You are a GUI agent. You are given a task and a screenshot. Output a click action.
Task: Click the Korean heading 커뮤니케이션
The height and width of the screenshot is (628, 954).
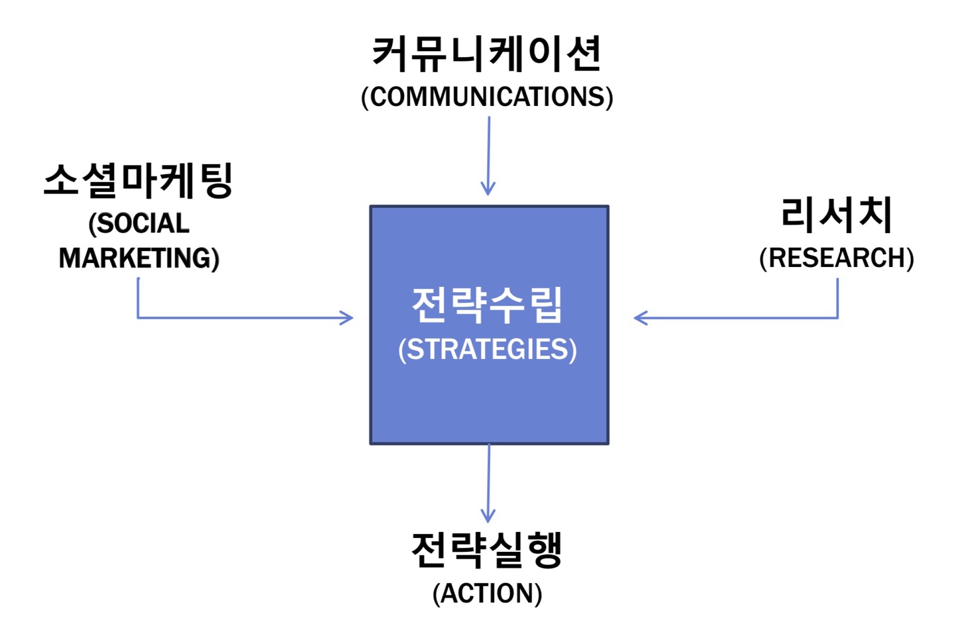[487, 54]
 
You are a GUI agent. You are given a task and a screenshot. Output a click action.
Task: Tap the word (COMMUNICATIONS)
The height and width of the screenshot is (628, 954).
[487, 97]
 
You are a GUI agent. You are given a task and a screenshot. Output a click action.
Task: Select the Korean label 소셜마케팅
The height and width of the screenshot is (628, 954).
[138, 181]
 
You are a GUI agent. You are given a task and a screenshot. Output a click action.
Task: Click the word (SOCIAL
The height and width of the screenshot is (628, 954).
[139, 223]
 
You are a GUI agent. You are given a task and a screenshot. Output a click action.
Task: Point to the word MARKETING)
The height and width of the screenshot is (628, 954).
[139, 258]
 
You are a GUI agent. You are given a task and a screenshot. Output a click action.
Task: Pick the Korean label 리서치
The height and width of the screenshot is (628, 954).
[837, 215]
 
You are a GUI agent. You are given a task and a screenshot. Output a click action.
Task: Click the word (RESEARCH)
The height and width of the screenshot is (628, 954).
[837, 258]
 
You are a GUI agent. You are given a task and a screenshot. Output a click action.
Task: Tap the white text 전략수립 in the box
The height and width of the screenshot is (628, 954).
[487, 305]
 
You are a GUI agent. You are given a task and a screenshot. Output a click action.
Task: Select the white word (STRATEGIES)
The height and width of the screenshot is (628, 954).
[488, 350]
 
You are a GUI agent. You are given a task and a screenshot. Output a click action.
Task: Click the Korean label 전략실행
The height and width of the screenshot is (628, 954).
[487, 550]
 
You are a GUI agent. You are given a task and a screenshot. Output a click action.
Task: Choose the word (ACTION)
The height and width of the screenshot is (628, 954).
[487, 594]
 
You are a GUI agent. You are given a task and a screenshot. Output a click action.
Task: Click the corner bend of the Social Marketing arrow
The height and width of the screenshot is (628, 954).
[138, 317]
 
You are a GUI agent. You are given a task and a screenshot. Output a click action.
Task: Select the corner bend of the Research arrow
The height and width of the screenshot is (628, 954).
[837, 317]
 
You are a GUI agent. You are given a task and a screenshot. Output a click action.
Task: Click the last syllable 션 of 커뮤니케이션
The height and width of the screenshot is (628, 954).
[584, 54]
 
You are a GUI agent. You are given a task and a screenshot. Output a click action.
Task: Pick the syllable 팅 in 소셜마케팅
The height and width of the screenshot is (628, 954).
[217, 181]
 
